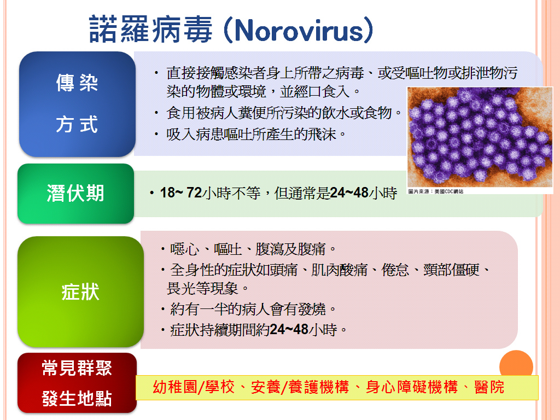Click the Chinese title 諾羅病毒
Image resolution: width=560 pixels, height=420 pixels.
(x=151, y=30)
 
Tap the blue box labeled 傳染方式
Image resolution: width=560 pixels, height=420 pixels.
(x=77, y=104)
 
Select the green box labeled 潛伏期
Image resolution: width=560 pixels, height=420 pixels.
(x=75, y=194)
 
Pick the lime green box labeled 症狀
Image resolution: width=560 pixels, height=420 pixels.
(x=81, y=291)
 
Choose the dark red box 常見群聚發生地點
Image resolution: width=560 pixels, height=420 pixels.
(x=77, y=383)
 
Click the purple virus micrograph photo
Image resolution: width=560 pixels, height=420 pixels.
(x=480, y=137)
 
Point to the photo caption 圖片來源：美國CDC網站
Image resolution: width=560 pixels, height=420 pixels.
(x=436, y=191)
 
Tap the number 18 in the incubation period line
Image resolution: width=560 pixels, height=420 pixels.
(x=167, y=193)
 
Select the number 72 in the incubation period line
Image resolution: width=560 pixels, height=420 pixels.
(x=194, y=193)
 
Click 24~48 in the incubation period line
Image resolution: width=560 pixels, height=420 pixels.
(x=349, y=193)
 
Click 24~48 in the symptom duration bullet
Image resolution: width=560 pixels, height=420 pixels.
(x=289, y=329)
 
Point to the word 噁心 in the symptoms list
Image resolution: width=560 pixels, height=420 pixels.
(x=185, y=249)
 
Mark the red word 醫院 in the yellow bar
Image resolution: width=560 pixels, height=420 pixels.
(x=489, y=387)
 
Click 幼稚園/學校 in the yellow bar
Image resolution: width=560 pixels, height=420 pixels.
(x=194, y=387)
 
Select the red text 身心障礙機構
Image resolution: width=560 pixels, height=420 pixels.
(x=412, y=387)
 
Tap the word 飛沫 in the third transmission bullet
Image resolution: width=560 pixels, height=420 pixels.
(x=322, y=135)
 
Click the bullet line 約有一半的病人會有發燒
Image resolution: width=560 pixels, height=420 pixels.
(x=248, y=309)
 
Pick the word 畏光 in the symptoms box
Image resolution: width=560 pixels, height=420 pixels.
(x=180, y=288)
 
